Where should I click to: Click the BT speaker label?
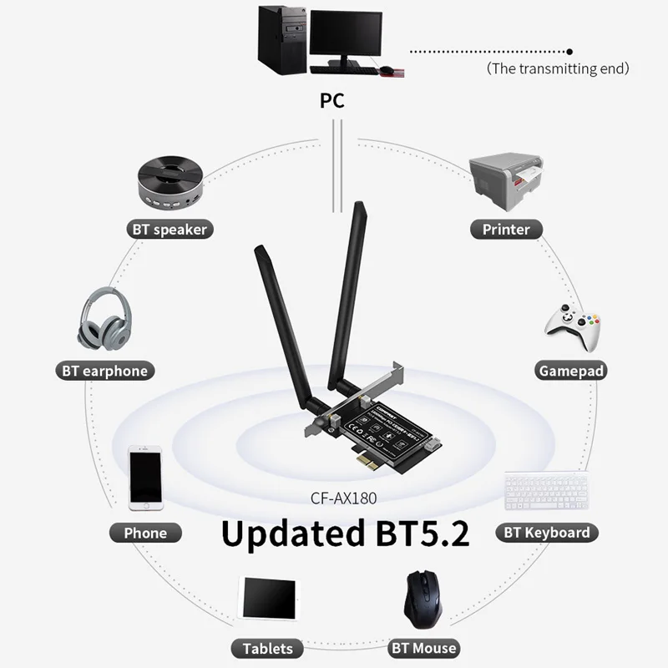pyautogui.click(x=169, y=229)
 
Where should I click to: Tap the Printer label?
pyautogui.click(x=506, y=229)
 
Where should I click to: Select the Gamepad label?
pyautogui.click(x=571, y=371)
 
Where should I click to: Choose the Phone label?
pyautogui.click(x=145, y=533)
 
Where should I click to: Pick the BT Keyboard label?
pyautogui.click(x=547, y=533)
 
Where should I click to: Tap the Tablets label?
pyautogui.click(x=268, y=648)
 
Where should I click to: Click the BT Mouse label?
pyautogui.click(x=424, y=648)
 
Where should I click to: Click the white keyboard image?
pyautogui.click(x=546, y=493)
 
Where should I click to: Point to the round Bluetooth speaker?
pyautogui.click(x=170, y=184)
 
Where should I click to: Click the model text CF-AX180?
pyautogui.click(x=345, y=499)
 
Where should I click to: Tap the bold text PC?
pyautogui.click(x=332, y=102)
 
